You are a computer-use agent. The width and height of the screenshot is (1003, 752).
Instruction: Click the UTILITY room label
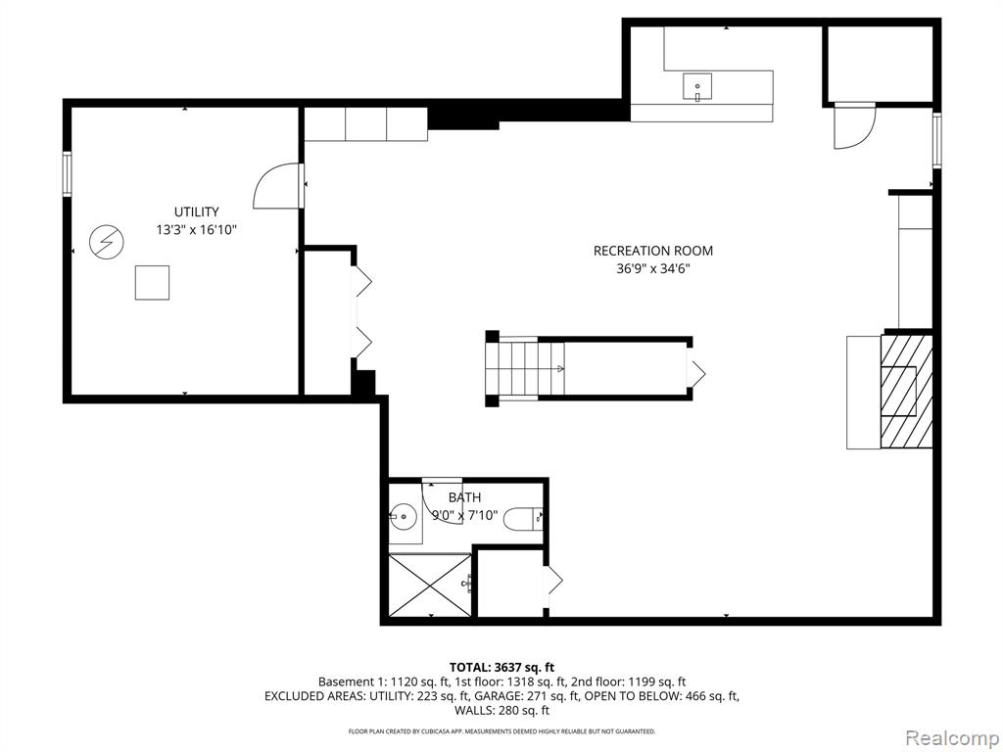[196, 211]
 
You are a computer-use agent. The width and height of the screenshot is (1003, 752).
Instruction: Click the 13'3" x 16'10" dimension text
[196, 229]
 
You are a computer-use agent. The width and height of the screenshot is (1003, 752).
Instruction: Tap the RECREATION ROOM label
[652, 251]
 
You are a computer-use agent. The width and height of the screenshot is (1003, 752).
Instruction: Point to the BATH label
[464, 497]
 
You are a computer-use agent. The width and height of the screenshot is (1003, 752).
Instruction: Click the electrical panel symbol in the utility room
[103, 241]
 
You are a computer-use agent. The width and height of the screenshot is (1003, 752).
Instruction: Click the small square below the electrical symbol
[152, 282]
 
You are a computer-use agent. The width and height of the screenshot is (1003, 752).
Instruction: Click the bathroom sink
[403, 515]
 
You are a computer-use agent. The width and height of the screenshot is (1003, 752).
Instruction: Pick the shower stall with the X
[430, 585]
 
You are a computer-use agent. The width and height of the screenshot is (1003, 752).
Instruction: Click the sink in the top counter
[697, 88]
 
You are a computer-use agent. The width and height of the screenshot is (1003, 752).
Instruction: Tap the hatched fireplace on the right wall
[905, 391]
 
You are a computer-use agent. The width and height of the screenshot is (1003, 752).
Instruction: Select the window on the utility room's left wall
[68, 174]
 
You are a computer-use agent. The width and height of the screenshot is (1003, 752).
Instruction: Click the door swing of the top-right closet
[853, 128]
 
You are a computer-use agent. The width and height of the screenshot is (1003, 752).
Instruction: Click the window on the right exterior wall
[936, 140]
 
